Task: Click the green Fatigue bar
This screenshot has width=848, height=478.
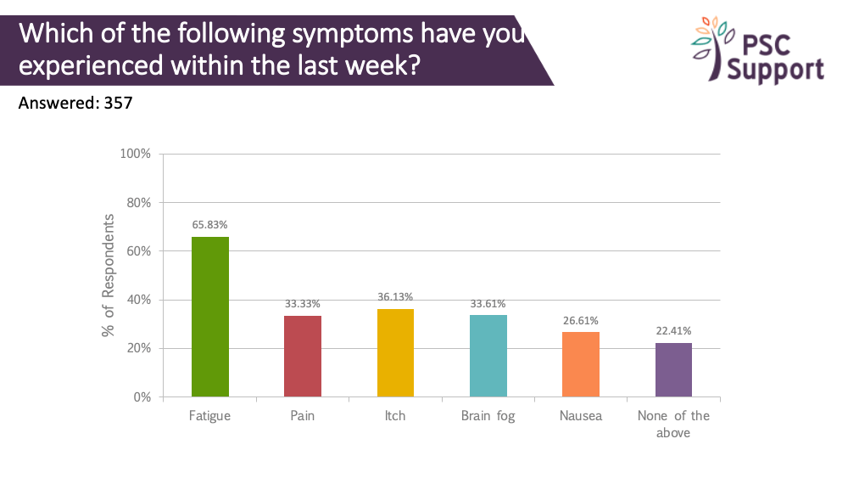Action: pos(210,317)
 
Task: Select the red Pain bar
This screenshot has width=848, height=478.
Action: pos(303,357)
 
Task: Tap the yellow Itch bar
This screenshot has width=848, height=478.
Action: pos(395,353)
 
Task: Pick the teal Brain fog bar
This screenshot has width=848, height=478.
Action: pos(488,356)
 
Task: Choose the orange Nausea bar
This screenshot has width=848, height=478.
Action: pos(581,364)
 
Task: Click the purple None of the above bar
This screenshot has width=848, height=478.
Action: pos(674,369)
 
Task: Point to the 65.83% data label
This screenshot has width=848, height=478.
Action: pos(209,225)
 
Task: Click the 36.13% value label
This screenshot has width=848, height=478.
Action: pos(395,296)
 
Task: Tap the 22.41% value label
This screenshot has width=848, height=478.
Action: pos(674,331)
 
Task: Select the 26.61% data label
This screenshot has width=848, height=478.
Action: pos(581,320)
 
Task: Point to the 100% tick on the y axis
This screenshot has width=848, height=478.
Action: pos(135,154)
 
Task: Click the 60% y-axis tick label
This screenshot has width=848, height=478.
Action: pos(139,251)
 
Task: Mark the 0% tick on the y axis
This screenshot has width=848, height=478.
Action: pos(142,396)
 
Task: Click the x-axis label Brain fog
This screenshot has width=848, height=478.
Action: pos(488,416)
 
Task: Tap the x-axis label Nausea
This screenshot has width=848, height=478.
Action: pos(581,416)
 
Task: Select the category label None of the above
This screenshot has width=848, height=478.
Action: pos(674,424)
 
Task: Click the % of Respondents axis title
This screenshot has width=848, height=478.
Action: pos(109,275)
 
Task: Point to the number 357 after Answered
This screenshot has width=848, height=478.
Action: pos(118,103)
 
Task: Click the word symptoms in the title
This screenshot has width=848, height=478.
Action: pos(354,34)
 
